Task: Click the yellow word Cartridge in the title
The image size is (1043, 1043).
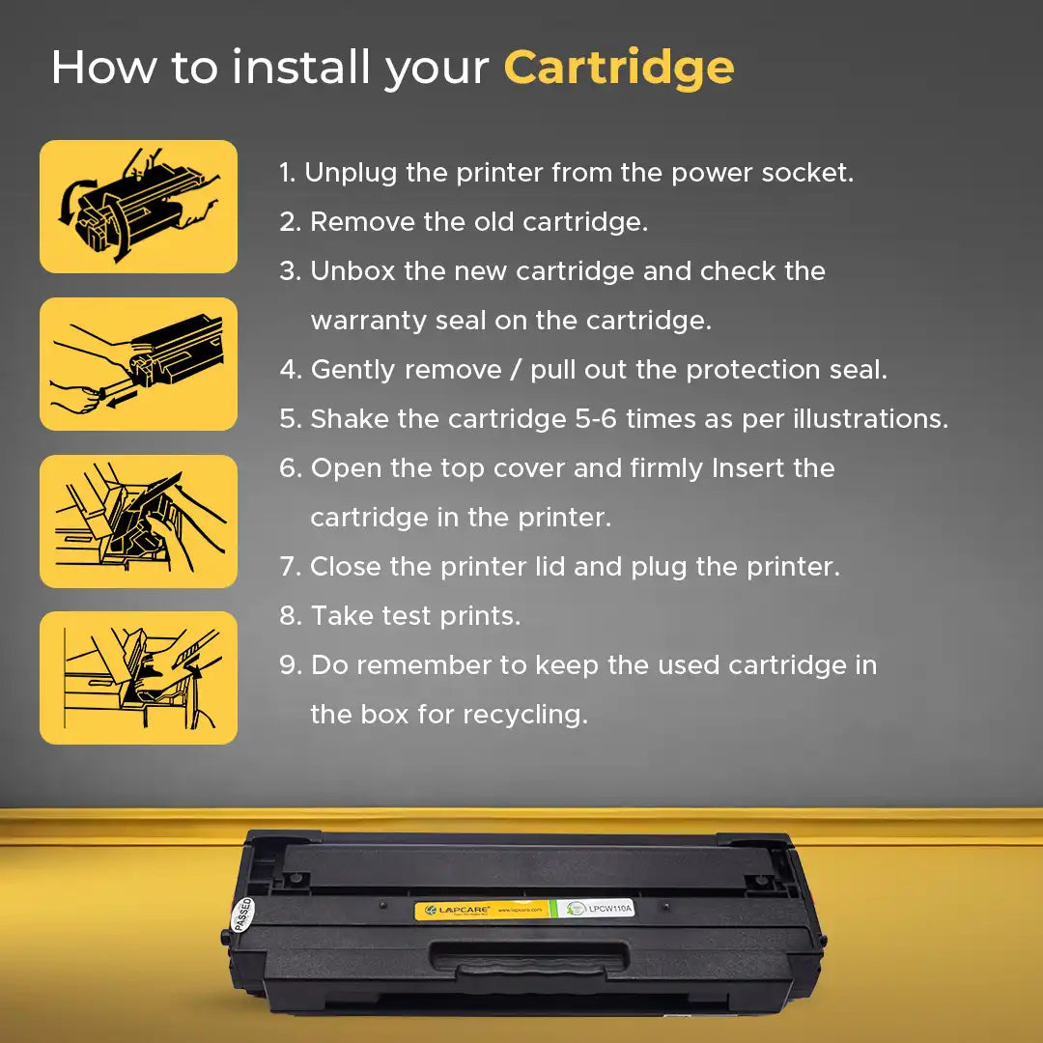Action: pos(618,69)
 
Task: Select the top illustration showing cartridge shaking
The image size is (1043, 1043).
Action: pos(138,207)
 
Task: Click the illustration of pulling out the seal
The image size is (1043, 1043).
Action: pos(138,364)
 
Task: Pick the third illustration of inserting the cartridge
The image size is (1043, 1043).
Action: pos(138,521)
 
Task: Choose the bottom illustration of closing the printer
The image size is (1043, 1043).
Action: pos(138,678)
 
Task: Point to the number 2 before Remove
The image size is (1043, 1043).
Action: pos(289,223)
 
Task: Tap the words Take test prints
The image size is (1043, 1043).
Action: pos(415,616)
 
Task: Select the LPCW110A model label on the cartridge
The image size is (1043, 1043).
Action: pos(600,908)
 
